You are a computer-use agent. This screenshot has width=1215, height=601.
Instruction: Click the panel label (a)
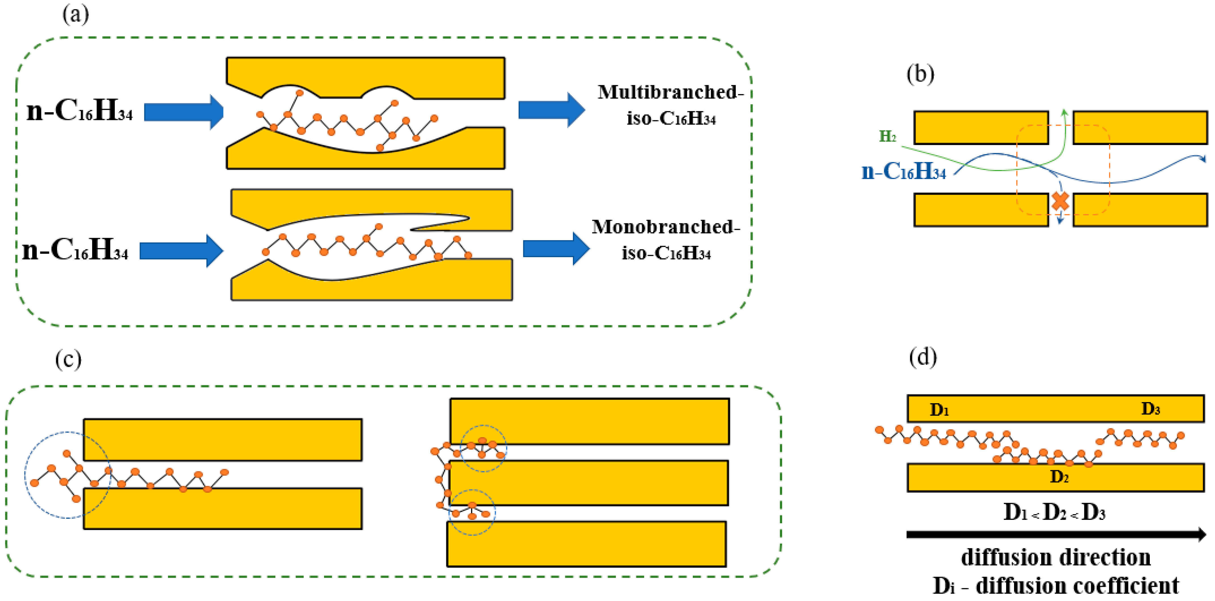pos(75,14)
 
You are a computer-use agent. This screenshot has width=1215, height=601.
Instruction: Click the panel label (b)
pos(920,74)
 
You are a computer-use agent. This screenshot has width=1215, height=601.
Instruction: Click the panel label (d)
pos(922,357)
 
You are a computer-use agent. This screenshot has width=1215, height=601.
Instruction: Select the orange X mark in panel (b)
pos(1060,201)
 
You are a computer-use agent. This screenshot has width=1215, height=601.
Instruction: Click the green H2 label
pos(887,136)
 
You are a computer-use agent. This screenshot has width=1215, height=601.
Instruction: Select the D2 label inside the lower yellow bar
pos(1059,477)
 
